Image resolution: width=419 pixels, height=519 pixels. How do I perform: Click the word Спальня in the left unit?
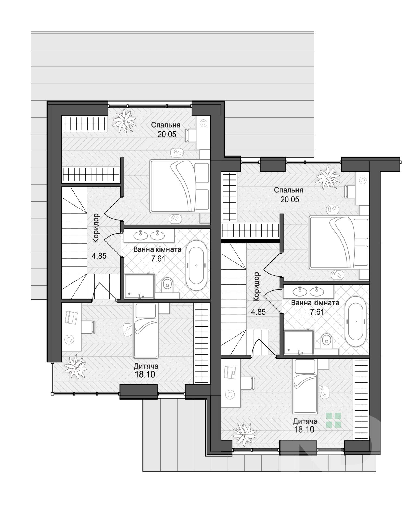tap(166, 125)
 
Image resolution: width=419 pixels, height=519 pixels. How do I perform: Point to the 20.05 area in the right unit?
tap(290, 199)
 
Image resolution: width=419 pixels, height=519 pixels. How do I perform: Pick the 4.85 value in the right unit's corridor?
tap(258, 312)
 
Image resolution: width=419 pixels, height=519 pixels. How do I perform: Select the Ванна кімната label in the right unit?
tap(315, 303)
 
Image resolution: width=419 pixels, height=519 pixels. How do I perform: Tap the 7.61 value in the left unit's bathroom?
tap(158, 258)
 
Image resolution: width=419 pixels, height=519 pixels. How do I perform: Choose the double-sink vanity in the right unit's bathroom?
tap(308, 291)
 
